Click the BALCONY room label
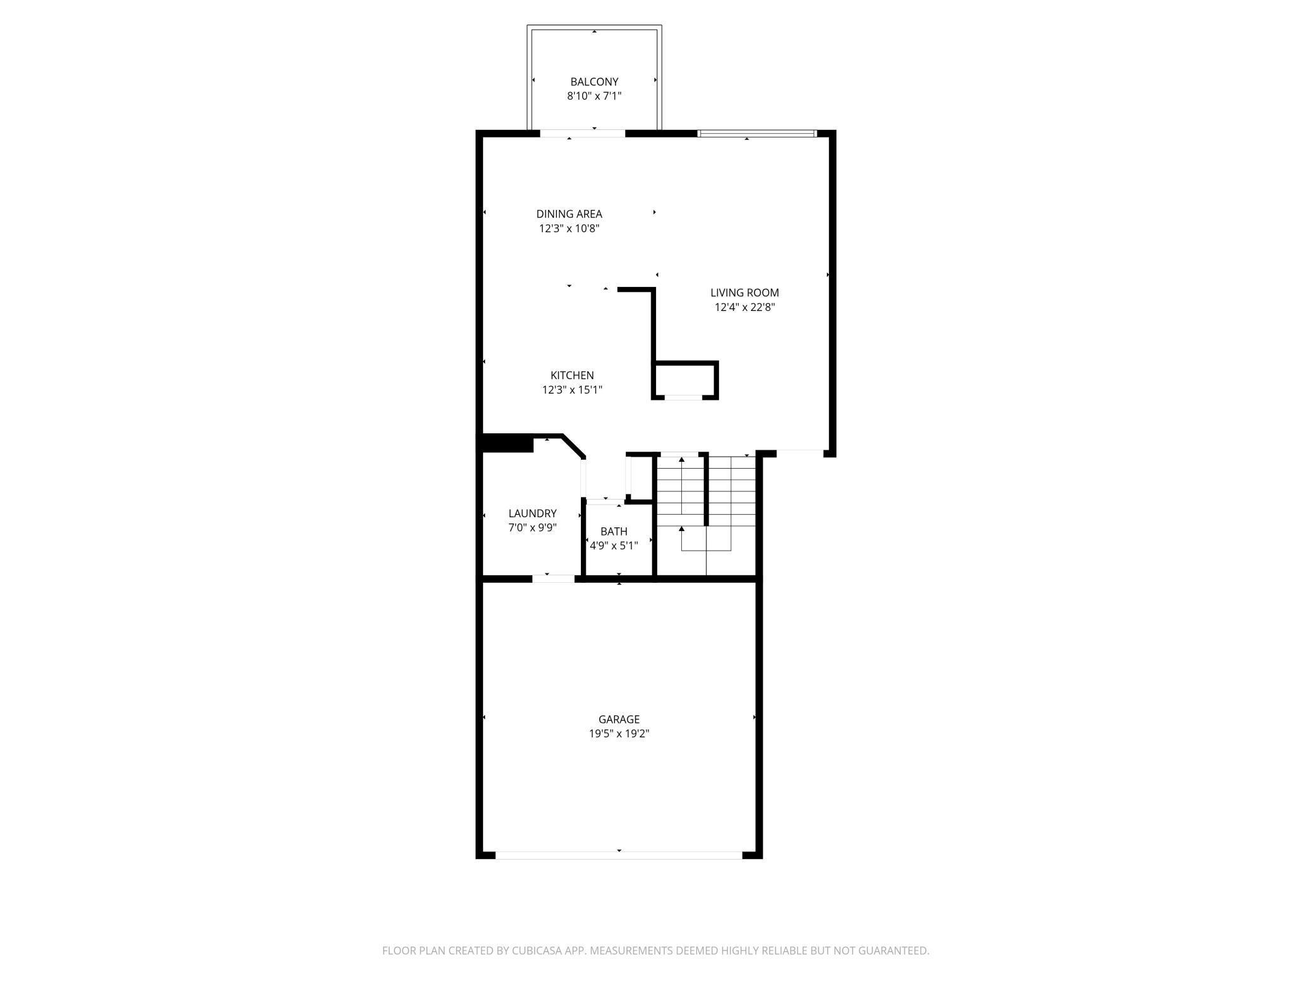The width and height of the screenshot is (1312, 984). [594, 81]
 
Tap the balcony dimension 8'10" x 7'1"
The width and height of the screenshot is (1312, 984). [594, 96]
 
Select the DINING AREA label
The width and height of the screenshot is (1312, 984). [569, 214]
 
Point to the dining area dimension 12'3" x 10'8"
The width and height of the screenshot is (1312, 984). [569, 228]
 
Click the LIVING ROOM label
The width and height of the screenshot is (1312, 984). [744, 293]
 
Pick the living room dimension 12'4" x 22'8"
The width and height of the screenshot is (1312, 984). [744, 307]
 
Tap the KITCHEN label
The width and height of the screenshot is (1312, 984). [572, 375]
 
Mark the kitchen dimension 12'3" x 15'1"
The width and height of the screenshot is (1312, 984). [572, 390]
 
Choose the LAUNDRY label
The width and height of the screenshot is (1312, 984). [532, 513]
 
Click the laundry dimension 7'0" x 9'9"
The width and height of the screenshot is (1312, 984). [532, 528]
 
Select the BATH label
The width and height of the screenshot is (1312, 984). [614, 532]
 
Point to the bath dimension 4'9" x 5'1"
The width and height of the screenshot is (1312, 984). [614, 546]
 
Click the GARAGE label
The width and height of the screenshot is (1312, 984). [619, 719]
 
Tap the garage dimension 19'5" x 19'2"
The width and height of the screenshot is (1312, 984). [619, 734]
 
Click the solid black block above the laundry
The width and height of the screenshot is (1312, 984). [507, 443]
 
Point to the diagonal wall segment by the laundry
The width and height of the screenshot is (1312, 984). [573, 446]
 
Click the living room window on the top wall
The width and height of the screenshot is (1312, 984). [757, 133]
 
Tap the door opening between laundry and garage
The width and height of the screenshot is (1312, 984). [553, 578]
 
